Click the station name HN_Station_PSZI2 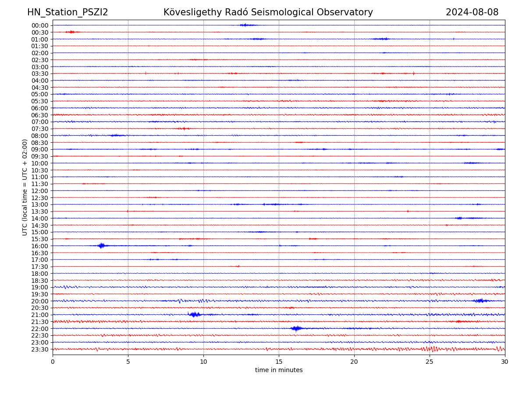(68, 13)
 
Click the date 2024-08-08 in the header (472, 13)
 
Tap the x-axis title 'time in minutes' (279, 370)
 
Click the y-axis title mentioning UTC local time (25, 187)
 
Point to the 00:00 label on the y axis (40, 25)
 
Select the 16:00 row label (40, 246)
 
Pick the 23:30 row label (40, 349)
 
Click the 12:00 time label (40, 191)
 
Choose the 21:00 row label (40, 315)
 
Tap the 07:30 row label (40, 129)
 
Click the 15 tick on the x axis (279, 362)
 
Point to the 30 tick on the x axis (505, 362)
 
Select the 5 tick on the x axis (128, 362)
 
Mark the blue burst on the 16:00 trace (102, 246)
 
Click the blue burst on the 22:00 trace (296, 328)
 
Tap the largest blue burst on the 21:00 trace (195, 314)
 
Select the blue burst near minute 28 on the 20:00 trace (480, 301)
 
